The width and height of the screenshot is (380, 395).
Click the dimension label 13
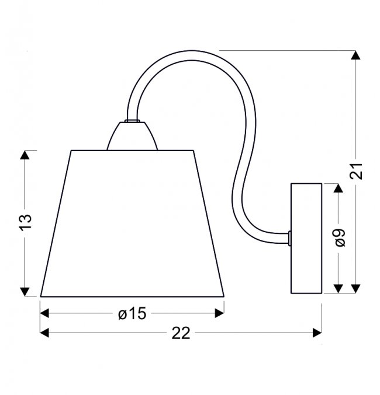coord(25,222)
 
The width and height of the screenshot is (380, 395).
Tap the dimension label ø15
coord(132,314)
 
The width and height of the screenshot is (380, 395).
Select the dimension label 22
coord(181,333)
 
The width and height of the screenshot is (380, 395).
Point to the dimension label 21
coord(356,172)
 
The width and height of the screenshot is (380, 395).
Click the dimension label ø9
coord(340,237)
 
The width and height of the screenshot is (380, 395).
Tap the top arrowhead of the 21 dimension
coord(356,55)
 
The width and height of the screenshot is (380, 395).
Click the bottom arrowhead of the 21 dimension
coord(356,288)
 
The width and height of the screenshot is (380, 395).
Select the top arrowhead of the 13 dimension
coord(25,155)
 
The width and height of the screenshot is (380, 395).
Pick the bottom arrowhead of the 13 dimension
coord(25,292)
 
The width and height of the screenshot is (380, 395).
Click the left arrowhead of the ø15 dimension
coord(44,313)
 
